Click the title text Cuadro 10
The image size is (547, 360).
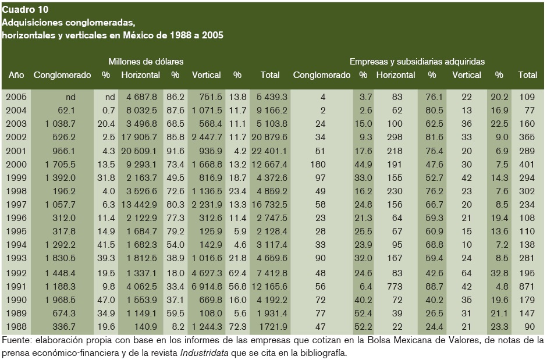[26, 10]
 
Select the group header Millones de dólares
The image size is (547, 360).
[146, 61]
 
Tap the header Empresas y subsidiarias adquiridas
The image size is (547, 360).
[417, 61]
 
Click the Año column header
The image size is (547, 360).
[16, 75]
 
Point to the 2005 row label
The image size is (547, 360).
[16, 97]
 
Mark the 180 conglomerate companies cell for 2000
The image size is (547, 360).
[323, 164]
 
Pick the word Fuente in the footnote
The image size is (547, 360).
[15, 340]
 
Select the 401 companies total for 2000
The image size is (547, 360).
[528, 164]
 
